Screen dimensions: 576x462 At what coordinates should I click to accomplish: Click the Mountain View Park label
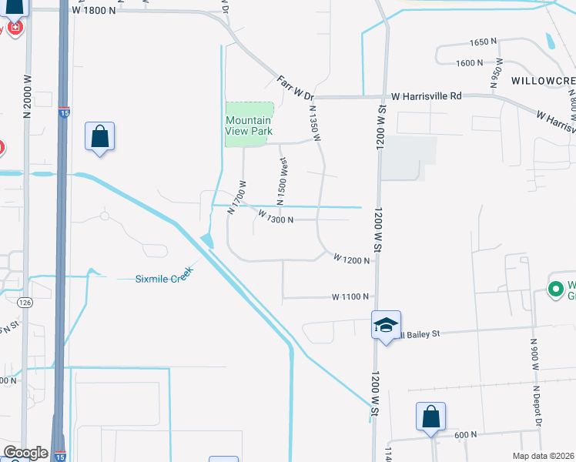point(248,126)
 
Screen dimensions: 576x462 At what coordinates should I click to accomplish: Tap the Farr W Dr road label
point(296,86)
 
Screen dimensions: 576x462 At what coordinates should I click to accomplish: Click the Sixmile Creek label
point(152,277)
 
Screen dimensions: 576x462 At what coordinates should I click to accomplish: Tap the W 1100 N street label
point(350,296)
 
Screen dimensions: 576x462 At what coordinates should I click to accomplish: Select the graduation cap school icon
point(386,324)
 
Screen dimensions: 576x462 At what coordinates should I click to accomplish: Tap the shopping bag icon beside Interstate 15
point(99,136)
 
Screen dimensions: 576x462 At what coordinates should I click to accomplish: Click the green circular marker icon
point(554,290)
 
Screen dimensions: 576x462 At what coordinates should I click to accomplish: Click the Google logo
point(25,454)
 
